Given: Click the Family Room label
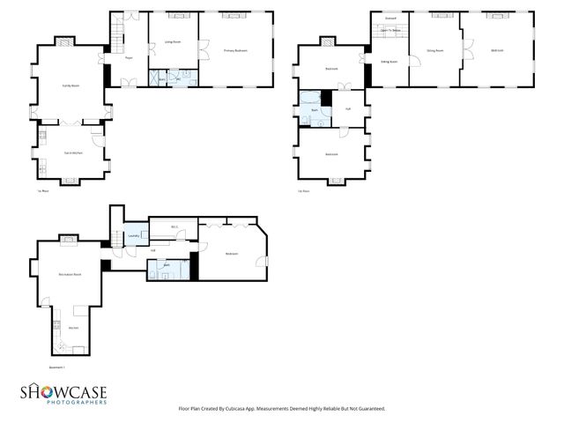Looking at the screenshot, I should [70, 85].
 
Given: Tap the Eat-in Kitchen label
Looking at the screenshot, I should [71, 153].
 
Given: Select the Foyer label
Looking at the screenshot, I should [129, 59].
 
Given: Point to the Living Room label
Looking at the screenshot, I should [173, 41].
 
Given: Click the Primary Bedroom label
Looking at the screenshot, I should [235, 51].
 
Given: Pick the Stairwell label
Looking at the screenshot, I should [390, 19].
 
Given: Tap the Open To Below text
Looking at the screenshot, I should [390, 31].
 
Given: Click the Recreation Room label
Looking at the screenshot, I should [70, 275].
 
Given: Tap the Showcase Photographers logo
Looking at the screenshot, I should [64, 395].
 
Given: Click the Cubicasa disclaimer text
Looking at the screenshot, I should [282, 408].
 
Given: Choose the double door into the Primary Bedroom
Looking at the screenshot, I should [202, 50].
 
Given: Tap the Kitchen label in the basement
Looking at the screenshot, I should [73, 328].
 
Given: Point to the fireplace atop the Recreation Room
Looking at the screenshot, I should [68, 238].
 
